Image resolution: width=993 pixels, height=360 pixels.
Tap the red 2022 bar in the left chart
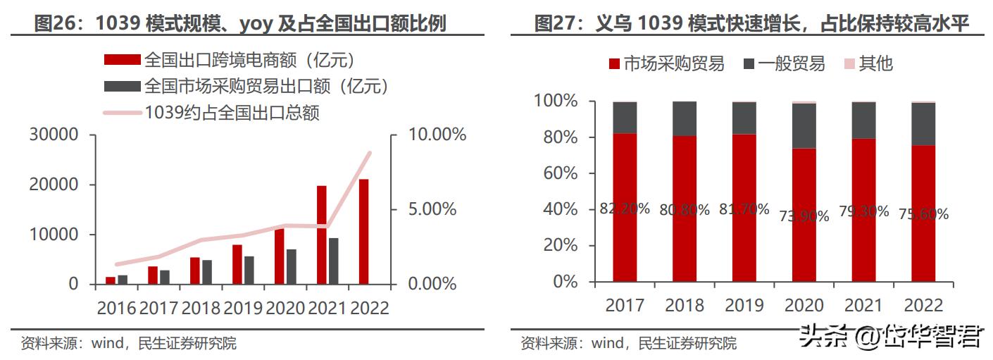(363, 231)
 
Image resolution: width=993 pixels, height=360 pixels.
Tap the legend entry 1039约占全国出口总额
(232, 112)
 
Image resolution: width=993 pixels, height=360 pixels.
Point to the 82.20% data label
(625, 209)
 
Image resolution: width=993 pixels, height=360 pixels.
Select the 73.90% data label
(804, 216)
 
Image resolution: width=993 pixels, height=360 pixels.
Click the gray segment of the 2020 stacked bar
(804, 126)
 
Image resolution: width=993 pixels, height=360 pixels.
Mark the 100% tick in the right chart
(556, 101)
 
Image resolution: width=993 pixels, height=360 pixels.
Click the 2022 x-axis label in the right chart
(923, 305)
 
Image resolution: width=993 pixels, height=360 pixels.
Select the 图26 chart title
(240, 25)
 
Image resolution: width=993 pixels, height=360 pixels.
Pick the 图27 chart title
(751, 25)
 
